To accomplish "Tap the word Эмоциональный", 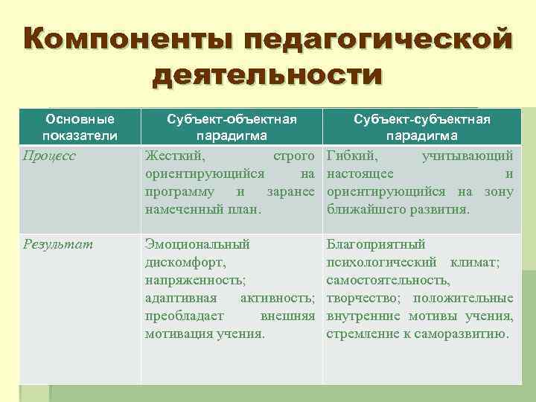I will [197, 243].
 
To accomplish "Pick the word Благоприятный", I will [376, 243].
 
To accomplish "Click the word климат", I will [476, 262].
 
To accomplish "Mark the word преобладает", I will [182, 316].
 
